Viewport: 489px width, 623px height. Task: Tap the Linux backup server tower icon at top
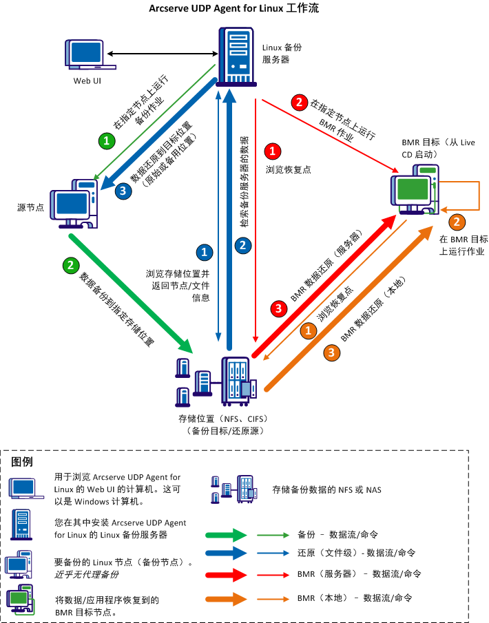[235, 56]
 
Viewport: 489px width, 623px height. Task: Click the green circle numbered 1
[106, 140]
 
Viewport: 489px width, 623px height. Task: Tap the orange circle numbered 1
[308, 330]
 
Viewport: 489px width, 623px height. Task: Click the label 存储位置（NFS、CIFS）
[222, 419]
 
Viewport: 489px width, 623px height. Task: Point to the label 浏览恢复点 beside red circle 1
[288, 169]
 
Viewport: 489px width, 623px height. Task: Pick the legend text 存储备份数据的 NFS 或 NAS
[326, 489]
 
